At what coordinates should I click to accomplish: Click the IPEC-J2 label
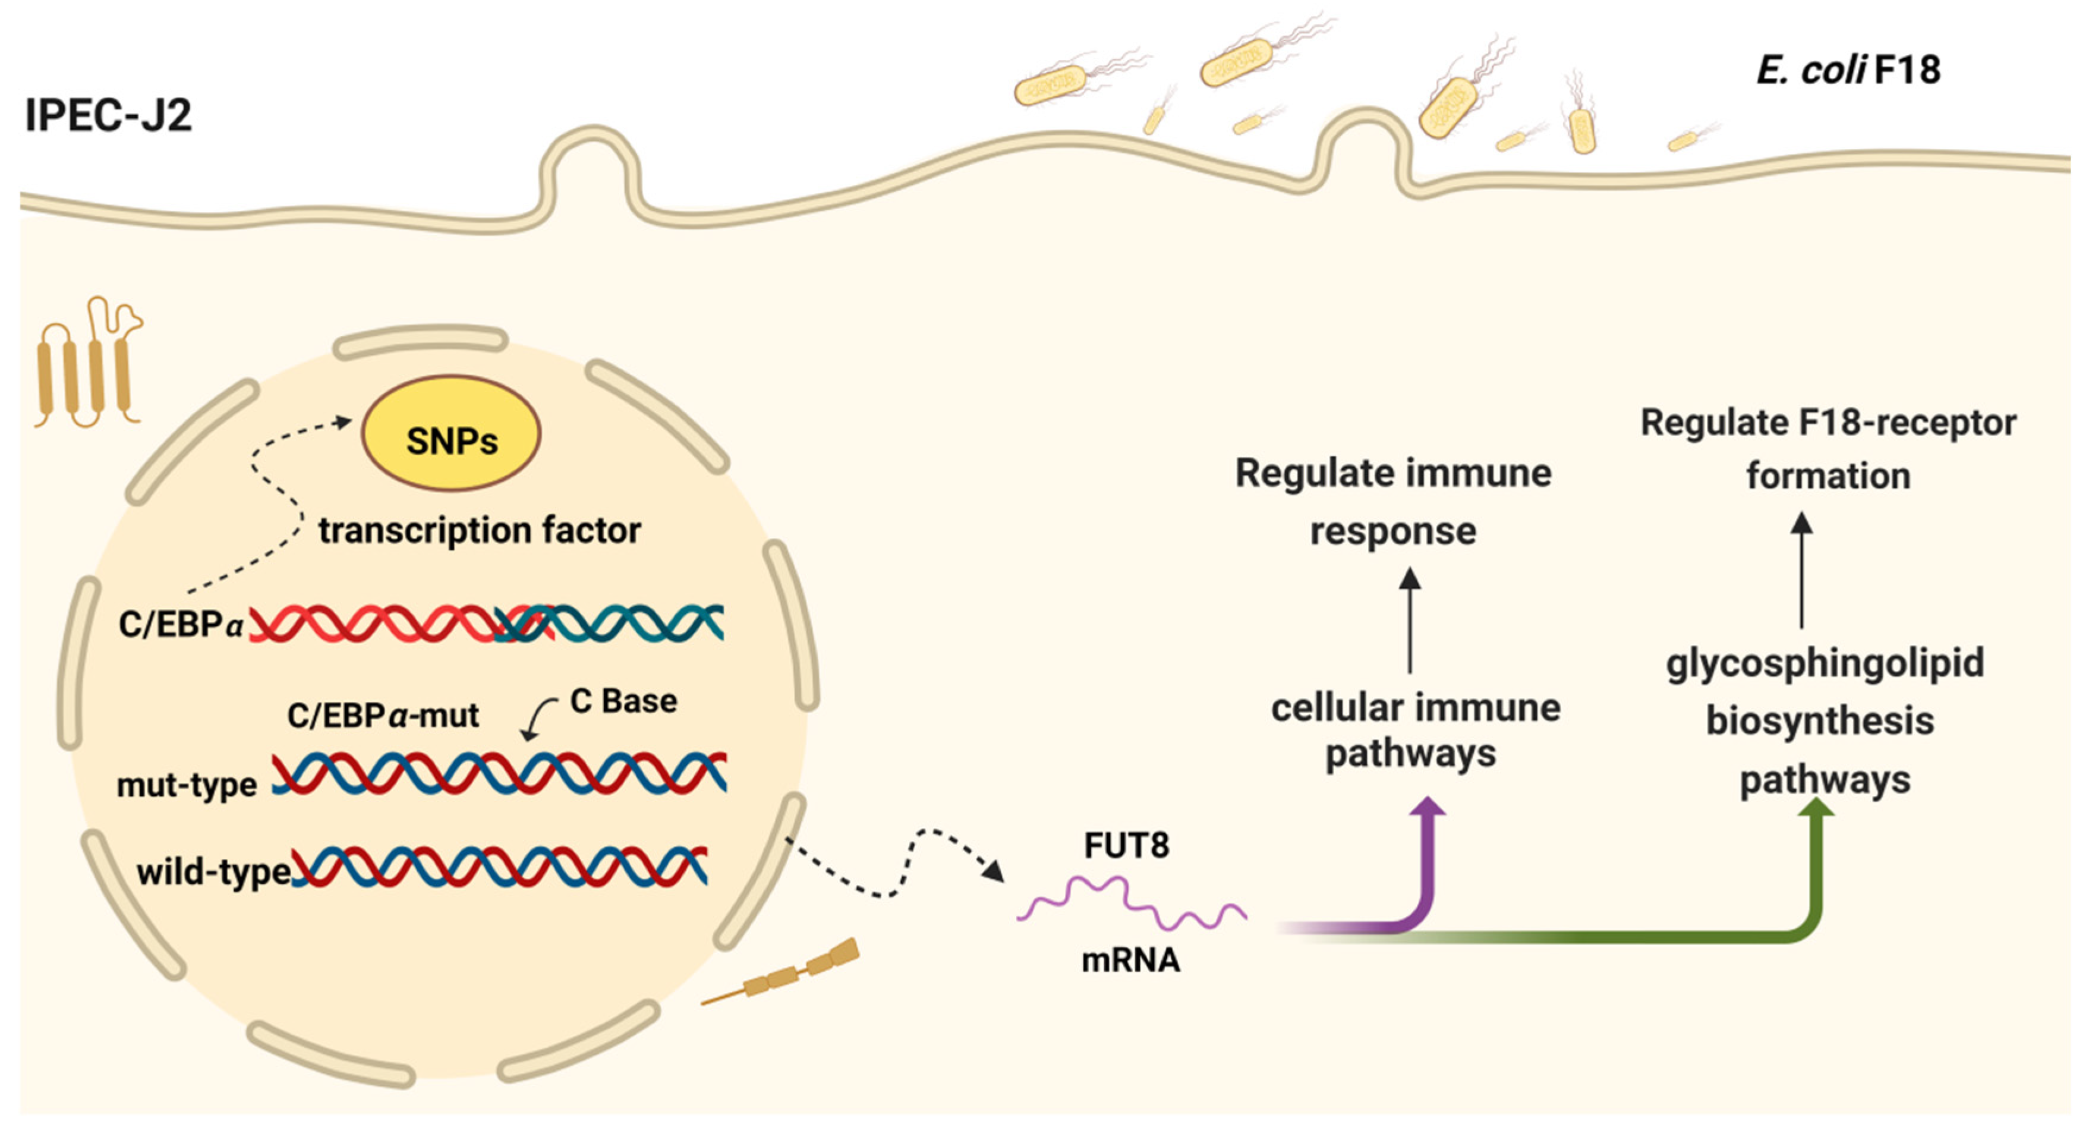(x=109, y=115)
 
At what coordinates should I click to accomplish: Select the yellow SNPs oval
(x=451, y=433)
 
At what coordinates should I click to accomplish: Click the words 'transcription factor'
(x=480, y=530)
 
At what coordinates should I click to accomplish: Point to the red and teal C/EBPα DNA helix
(x=486, y=623)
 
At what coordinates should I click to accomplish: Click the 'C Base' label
(x=623, y=701)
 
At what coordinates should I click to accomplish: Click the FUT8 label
(x=1126, y=845)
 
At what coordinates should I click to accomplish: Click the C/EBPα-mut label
(x=383, y=716)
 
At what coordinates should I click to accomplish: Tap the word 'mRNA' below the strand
(x=1130, y=960)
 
